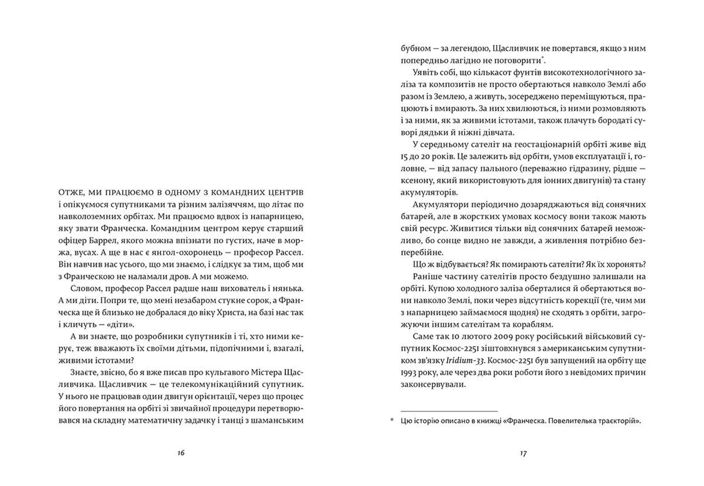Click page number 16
[181, 453]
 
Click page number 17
[523, 453]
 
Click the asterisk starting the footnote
[392, 420]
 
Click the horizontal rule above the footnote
[449, 411]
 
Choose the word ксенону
[414, 180]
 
